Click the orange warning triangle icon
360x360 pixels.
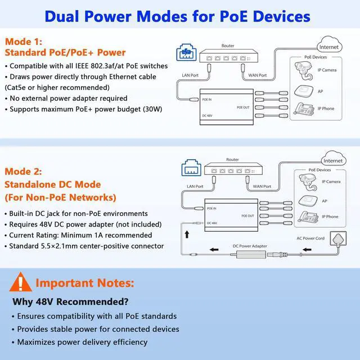coord(21,281)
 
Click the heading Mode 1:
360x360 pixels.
coord(23,42)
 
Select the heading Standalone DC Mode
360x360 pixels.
coord(53,184)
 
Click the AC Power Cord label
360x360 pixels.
coord(310,238)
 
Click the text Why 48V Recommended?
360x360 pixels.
coord(70,301)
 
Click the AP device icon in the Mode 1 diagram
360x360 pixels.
coord(303,91)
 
